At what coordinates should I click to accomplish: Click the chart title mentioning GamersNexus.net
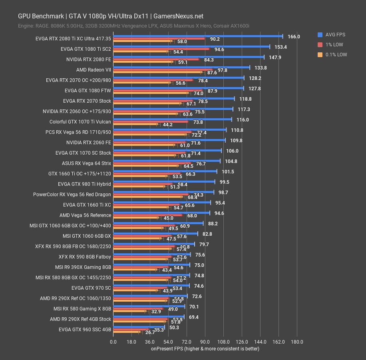tap(111, 16)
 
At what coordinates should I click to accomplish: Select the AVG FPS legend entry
tap(334, 34)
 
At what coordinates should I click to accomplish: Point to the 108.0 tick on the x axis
tap(223, 342)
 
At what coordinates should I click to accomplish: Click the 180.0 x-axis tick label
tap(296, 342)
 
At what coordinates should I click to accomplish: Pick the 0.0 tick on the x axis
tap(113, 342)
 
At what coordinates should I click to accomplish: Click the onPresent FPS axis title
tap(205, 349)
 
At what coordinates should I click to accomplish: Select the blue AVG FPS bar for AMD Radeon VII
tap(181, 68)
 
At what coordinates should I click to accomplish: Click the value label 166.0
tap(293, 36)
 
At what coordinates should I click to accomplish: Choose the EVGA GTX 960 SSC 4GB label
tap(85, 330)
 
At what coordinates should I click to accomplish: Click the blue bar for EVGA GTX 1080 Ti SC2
tap(191, 47)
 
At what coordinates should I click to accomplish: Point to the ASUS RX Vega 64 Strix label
tap(86, 163)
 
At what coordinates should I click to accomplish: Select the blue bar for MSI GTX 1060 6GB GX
tap(155, 234)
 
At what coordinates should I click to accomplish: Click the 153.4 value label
tap(280, 47)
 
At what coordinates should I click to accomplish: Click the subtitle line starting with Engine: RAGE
tap(133, 26)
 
